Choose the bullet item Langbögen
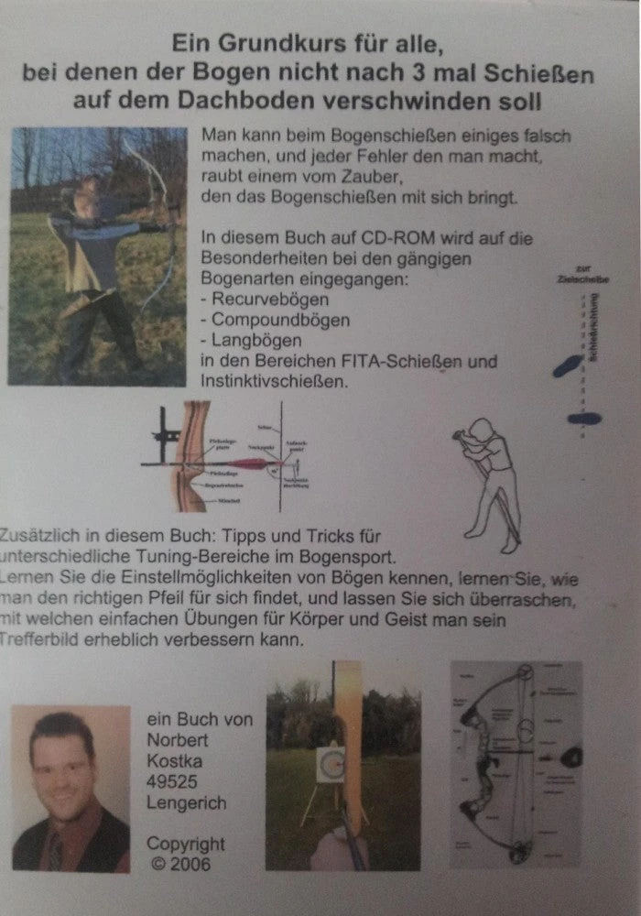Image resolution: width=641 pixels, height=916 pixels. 257,341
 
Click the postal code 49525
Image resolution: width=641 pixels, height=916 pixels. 169,783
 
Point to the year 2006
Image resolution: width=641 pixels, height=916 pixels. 189,864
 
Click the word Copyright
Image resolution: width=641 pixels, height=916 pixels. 185,843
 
